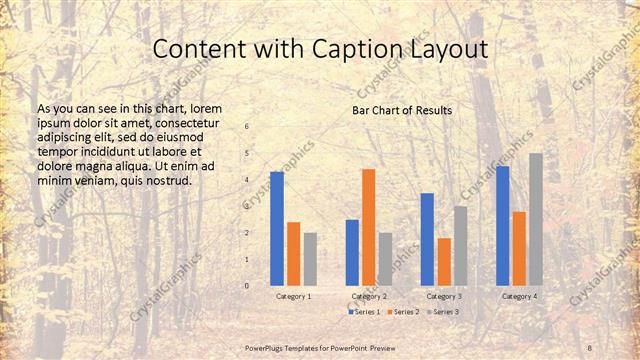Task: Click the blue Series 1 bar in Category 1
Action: tap(277, 229)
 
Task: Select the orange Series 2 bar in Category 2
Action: tap(369, 228)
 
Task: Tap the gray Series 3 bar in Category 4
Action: tap(536, 220)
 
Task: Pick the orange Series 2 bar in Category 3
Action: tap(444, 262)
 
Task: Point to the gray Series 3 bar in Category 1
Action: tap(310, 259)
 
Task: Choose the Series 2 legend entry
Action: tap(402, 312)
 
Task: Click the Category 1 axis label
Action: tap(294, 296)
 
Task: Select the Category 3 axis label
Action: tap(444, 296)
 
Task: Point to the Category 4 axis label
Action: tap(519, 296)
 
